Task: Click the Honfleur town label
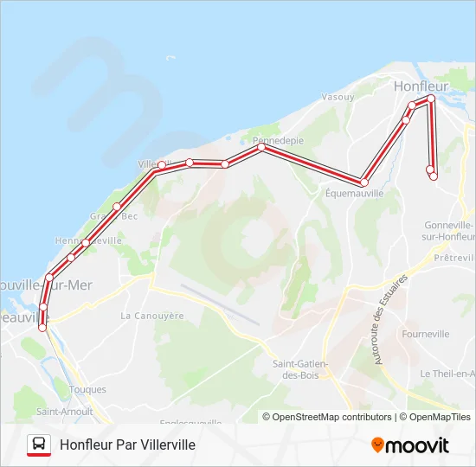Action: click(x=420, y=86)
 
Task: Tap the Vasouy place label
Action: click(x=338, y=97)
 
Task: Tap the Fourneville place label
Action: click(x=426, y=333)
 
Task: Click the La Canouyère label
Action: click(x=153, y=316)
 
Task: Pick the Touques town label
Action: click(x=87, y=389)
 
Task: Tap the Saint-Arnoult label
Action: click(x=58, y=412)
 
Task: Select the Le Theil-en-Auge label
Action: click(x=447, y=374)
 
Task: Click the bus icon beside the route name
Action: click(x=38, y=445)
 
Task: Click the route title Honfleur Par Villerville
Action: click(x=127, y=445)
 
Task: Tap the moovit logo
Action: click(x=410, y=445)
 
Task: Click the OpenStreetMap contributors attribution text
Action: click(x=328, y=417)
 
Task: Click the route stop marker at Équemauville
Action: click(x=364, y=182)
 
